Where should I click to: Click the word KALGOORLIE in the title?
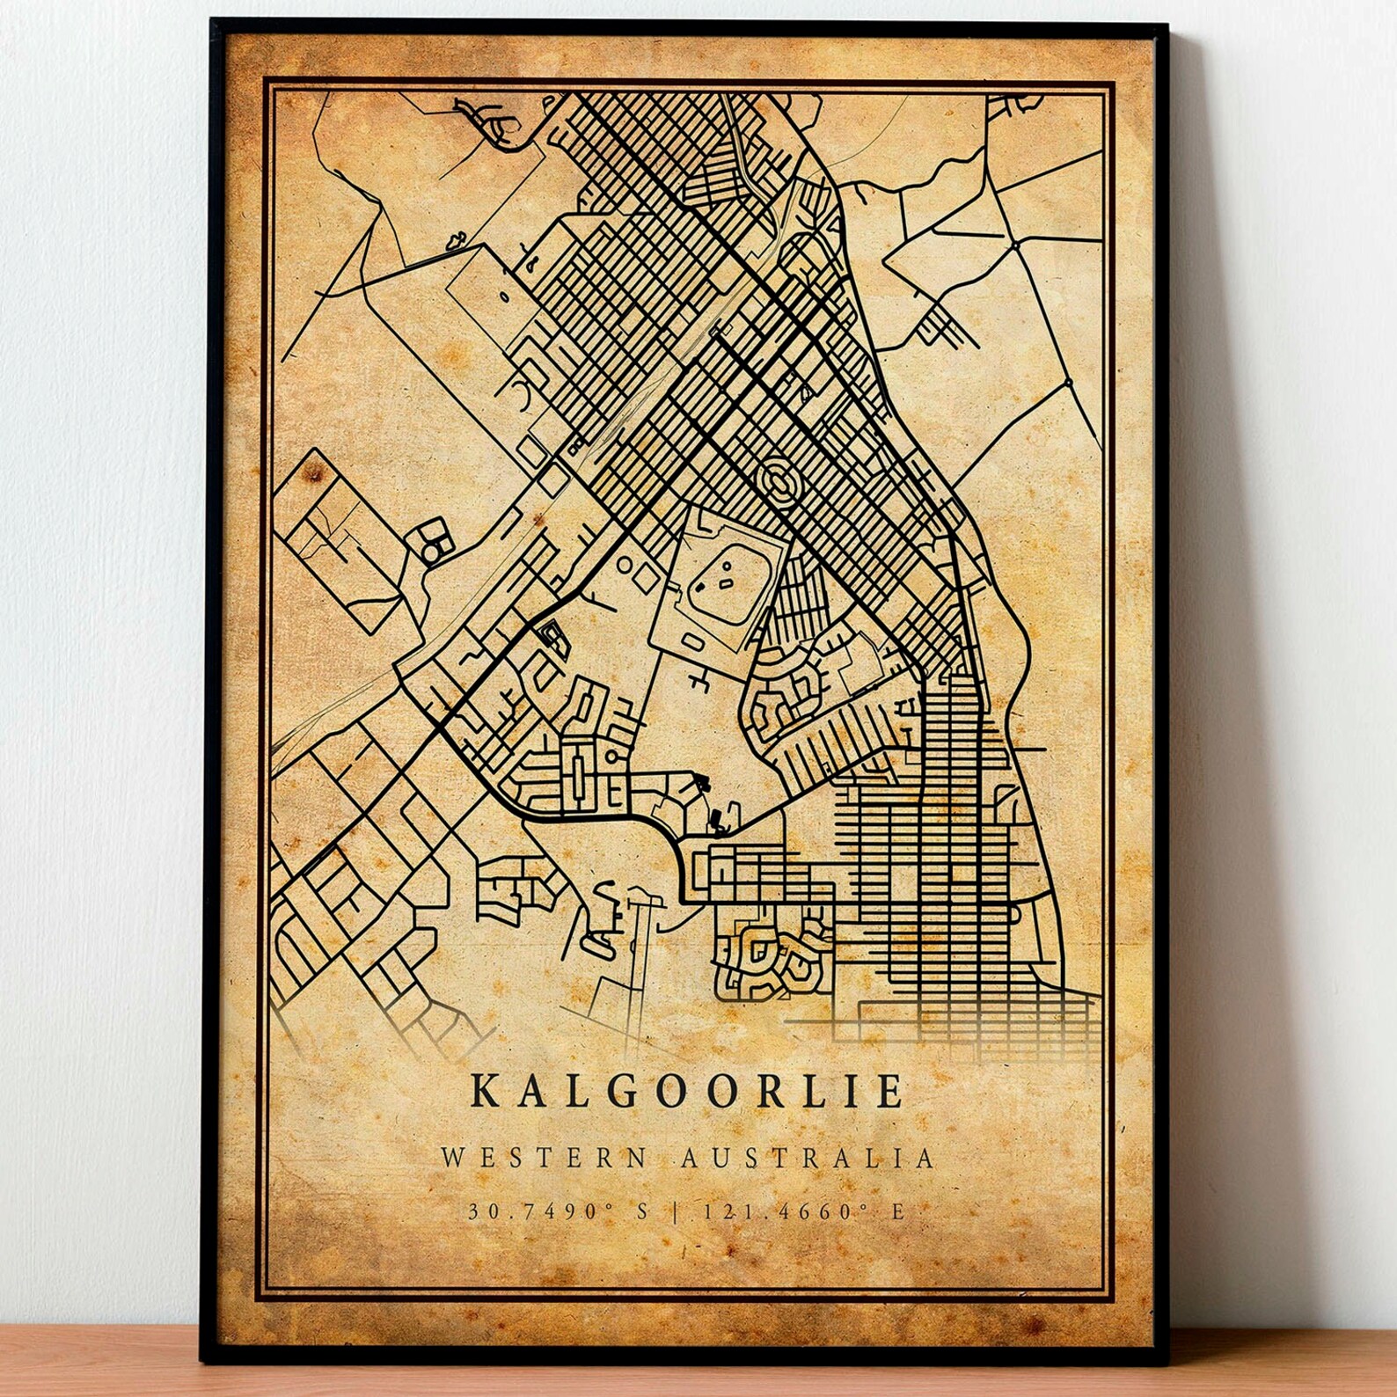[x=687, y=1092]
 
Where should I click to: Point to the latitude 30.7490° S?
[x=558, y=1212]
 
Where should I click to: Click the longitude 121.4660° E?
[x=801, y=1212]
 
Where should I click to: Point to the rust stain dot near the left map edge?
[x=310, y=478]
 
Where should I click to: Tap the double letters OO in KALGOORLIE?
[x=685, y=1092]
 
